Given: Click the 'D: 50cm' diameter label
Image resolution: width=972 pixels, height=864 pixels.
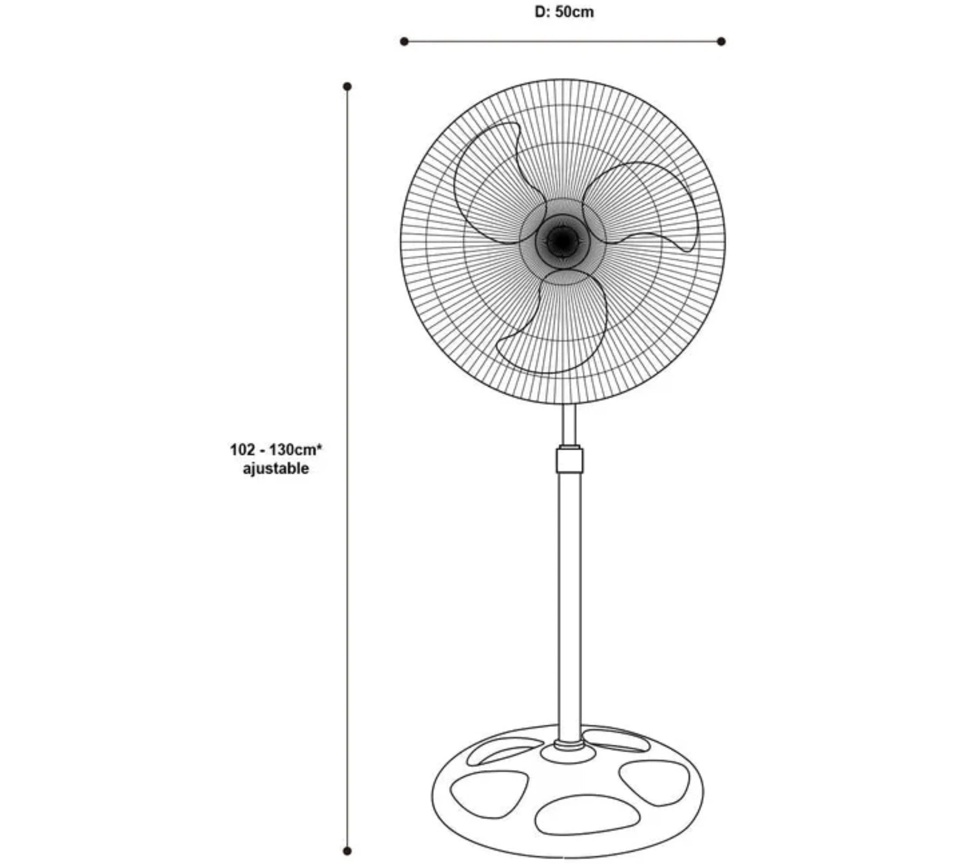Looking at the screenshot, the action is tap(564, 12).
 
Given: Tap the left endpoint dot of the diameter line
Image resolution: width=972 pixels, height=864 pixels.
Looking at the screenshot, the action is tap(404, 41).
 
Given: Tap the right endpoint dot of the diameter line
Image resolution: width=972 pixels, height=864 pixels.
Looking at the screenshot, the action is tap(721, 41).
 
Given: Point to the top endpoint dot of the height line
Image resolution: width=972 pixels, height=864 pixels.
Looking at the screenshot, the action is tap(347, 86).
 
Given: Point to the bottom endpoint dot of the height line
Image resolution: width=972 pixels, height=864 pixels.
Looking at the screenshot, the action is tap(347, 851).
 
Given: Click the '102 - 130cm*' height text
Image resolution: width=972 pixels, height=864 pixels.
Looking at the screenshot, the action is tap(276, 449).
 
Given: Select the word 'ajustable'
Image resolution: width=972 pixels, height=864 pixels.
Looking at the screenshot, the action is tap(276, 468).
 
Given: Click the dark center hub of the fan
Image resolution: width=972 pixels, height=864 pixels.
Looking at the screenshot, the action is tap(563, 241).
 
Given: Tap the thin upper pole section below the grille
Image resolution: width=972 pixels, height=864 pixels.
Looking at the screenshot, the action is tap(569, 424).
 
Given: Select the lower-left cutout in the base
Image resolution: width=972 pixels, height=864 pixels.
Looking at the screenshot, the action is tap(489, 794).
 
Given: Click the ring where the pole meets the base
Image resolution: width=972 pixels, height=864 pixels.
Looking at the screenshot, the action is tap(569, 745).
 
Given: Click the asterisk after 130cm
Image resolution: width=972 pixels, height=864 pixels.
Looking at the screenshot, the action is tap(320, 446).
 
